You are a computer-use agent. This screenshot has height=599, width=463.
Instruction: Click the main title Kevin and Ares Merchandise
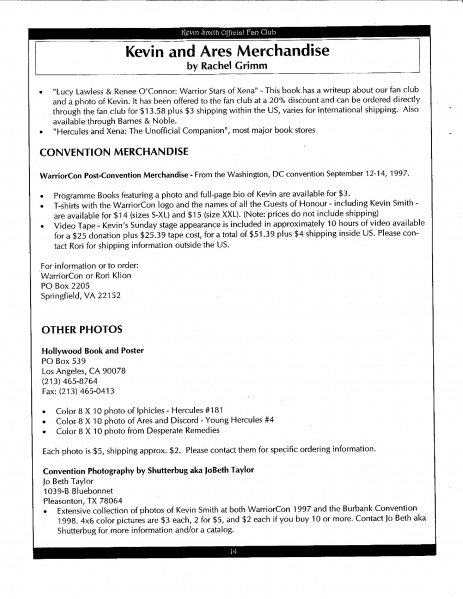click(x=234, y=49)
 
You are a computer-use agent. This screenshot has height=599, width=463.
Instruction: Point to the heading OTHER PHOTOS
click(x=80, y=329)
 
